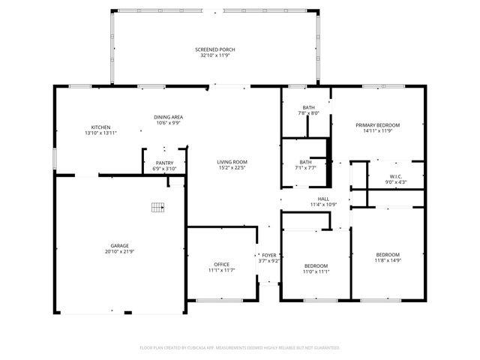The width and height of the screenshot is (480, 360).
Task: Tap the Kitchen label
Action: [101, 127]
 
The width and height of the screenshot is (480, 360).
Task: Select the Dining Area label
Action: [169, 117]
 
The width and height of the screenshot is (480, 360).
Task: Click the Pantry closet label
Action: [164, 163]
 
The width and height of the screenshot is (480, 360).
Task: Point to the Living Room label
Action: [232, 162]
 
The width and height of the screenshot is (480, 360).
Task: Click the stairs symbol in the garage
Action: [157, 207]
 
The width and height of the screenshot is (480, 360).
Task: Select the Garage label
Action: [119, 245]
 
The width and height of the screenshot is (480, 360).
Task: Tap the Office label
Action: [221, 264]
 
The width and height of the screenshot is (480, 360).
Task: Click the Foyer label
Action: [268, 255]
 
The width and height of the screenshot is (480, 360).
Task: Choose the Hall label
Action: [324, 199]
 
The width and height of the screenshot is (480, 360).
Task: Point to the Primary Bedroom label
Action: [377, 124]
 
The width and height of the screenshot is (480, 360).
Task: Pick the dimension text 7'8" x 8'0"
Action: [308, 113]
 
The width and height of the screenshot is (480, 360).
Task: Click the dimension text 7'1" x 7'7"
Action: [305, 168]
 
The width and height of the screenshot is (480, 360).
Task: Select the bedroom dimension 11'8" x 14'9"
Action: [388, 260]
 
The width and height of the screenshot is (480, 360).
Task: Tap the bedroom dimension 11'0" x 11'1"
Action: [316, 272]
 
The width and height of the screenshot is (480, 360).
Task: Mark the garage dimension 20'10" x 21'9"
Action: [119, 251]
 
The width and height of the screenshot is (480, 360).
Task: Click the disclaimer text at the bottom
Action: [240, 348]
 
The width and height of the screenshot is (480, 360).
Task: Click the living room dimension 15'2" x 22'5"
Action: [232, 168]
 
